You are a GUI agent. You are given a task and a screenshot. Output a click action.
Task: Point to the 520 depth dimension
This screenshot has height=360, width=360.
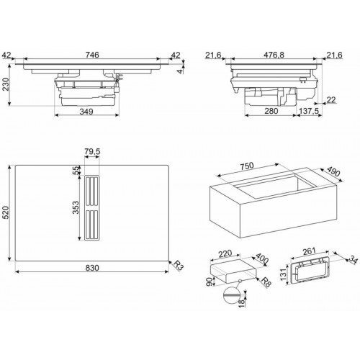[6, 214]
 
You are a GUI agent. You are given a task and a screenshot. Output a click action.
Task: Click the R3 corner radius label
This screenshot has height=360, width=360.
[178, 267]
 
